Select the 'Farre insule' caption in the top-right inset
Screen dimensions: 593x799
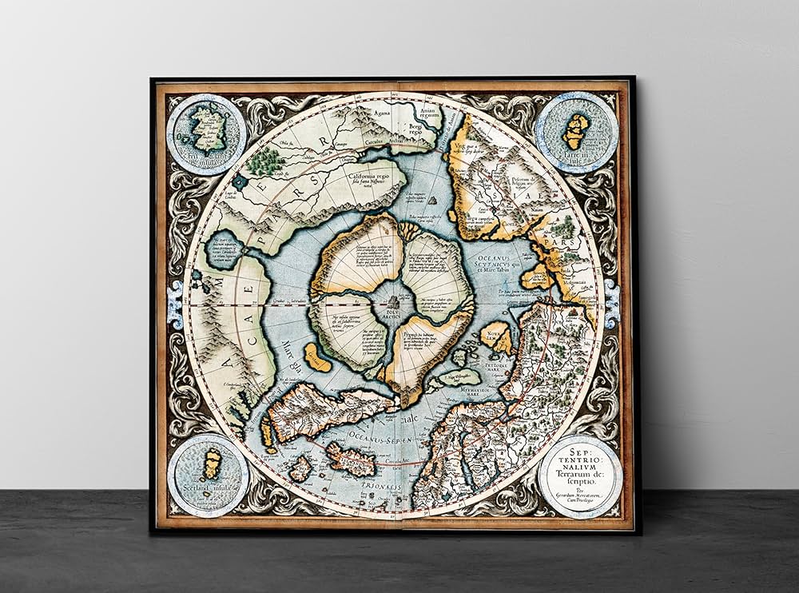[575, 157]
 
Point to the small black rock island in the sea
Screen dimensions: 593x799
[432, 201]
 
